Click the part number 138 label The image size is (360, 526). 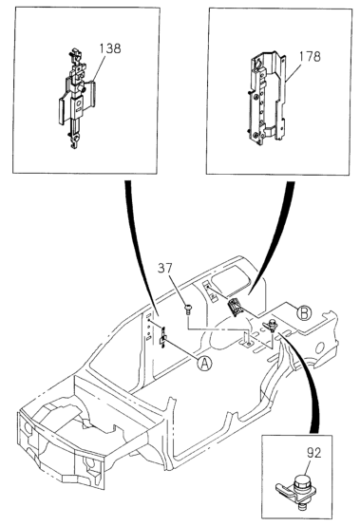coord(110,48)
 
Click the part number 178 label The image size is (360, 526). coord(310,56)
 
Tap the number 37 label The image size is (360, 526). coord(164,268)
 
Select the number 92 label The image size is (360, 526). coord(313,453)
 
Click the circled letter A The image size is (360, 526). coord(204,364)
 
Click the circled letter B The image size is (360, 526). coord(304,313)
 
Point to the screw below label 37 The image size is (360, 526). coord(189,309)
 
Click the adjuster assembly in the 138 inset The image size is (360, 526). coord(77,99)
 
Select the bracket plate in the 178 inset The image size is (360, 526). coord(267,99)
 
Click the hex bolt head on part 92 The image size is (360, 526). coord(302,479)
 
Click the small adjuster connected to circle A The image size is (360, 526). coord(163,338)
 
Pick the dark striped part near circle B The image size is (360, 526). coord(237,308)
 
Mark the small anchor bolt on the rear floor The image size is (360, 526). coord(271,326)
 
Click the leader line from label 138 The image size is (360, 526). coord(98,68)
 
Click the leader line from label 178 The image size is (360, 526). coord(293,72)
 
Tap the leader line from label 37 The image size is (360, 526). coord(179,289)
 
